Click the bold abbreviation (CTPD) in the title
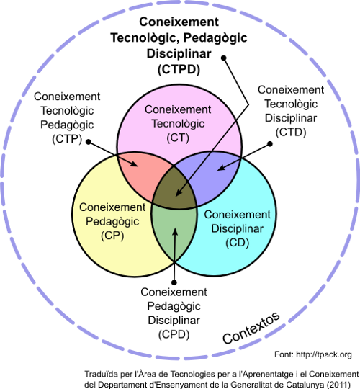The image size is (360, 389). coord(179,69)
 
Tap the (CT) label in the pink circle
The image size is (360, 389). coord(178,138)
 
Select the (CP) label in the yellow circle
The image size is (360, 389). coord(112,236)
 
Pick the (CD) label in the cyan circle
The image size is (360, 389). coord(238,243)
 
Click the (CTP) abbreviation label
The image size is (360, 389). coord(67,139)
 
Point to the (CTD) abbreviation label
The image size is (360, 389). coord(291,132)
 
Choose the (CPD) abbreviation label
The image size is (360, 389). coord(174,334)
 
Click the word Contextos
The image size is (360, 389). coord(251,328)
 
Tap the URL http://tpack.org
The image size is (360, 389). coord(324,354)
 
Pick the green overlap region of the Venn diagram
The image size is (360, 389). coord(174,231)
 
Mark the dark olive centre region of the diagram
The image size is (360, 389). coord(175,189)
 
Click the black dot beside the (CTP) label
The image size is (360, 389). coord(89,142)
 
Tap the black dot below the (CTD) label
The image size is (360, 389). coord(270,143)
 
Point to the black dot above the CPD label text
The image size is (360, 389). coord(174,282)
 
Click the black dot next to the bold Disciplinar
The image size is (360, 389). coord(224,58)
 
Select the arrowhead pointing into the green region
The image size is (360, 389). coord(175,232)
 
